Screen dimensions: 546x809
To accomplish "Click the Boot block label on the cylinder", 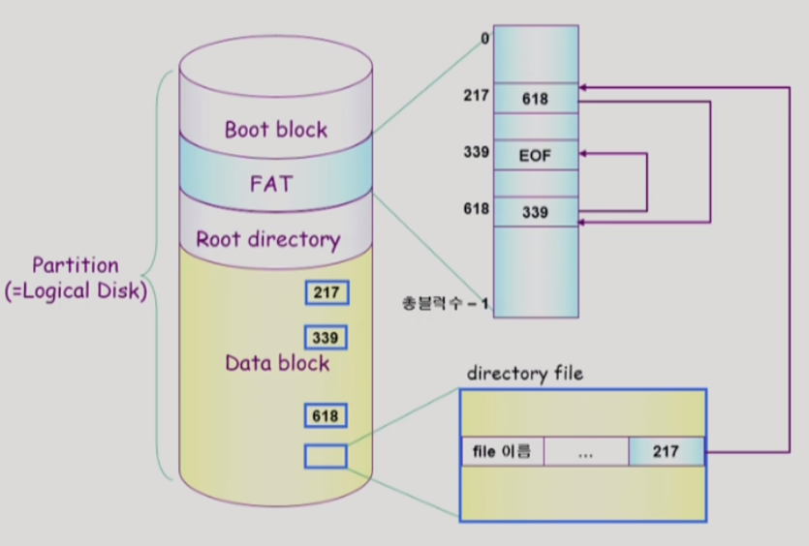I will point(276,130).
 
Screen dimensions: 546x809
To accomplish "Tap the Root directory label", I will point(268,239).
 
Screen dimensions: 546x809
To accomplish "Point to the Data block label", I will point(277,364).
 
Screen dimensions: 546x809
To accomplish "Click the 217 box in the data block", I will point(326,292).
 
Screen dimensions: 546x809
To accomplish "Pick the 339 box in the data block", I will point(326,337).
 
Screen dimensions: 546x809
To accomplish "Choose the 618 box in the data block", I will point(326,415).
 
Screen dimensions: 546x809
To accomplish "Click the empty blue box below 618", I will point(326,456).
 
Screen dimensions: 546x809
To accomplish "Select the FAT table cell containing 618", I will point(535,98).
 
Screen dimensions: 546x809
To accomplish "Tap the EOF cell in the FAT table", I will point(535,155).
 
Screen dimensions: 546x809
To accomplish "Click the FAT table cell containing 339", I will point(535,211).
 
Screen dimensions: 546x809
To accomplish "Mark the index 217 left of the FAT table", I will point(477,97).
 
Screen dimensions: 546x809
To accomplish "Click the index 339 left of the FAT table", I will point(477,152).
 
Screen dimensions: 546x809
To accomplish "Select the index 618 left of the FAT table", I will point(477,208).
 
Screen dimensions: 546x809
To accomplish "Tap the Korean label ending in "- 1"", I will point(446,304).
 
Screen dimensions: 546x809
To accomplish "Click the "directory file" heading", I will point(525,374).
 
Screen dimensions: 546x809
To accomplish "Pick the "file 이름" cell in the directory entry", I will point(502,451).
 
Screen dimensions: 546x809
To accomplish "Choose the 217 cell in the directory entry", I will point(666,451).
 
